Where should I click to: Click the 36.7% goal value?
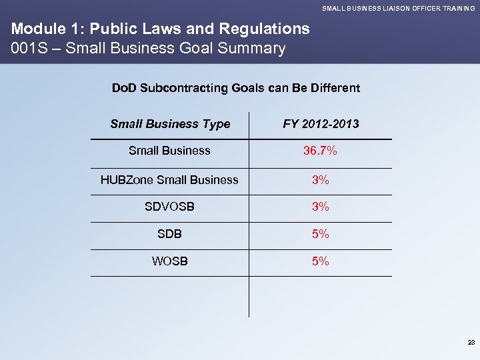tap(320, 151)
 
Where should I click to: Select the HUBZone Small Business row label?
tap(169, 179)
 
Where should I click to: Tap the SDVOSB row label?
tap(169, 207)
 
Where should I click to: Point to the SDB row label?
tap(169, 234)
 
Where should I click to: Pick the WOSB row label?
tap(169, 261)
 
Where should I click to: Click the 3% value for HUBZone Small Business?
tap(320, 179)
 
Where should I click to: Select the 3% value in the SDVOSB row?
tap(320, 207)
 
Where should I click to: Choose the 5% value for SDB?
tap(320, 234)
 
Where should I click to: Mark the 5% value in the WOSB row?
tap(320, 261)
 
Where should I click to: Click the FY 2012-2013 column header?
tap(321, 123)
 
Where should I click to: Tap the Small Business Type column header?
tap(169, 123)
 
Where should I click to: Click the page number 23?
tap(471, 342)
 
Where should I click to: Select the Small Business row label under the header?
tap(169, 151)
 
